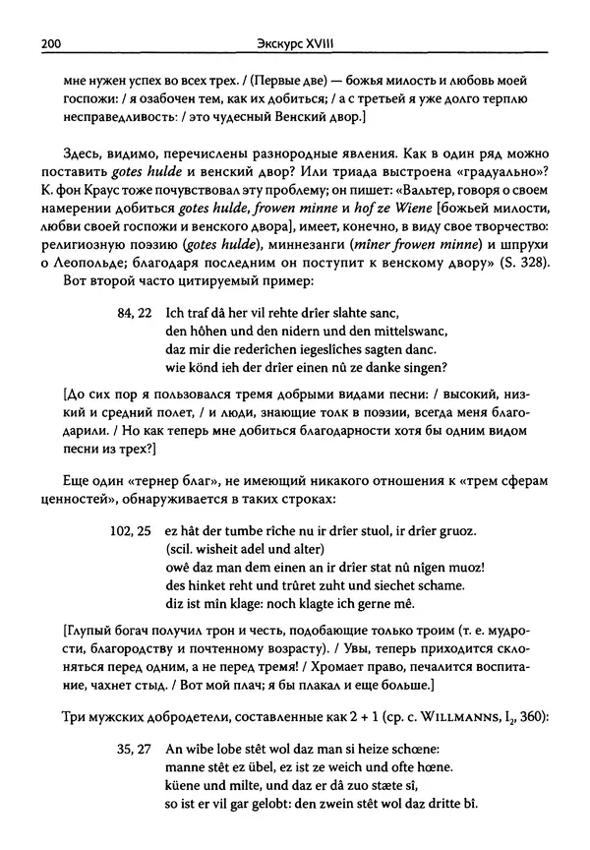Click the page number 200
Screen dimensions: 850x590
tap(50, 41)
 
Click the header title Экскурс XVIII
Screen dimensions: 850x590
tap(294, 41)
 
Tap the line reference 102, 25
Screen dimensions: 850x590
tap(129, 530)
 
